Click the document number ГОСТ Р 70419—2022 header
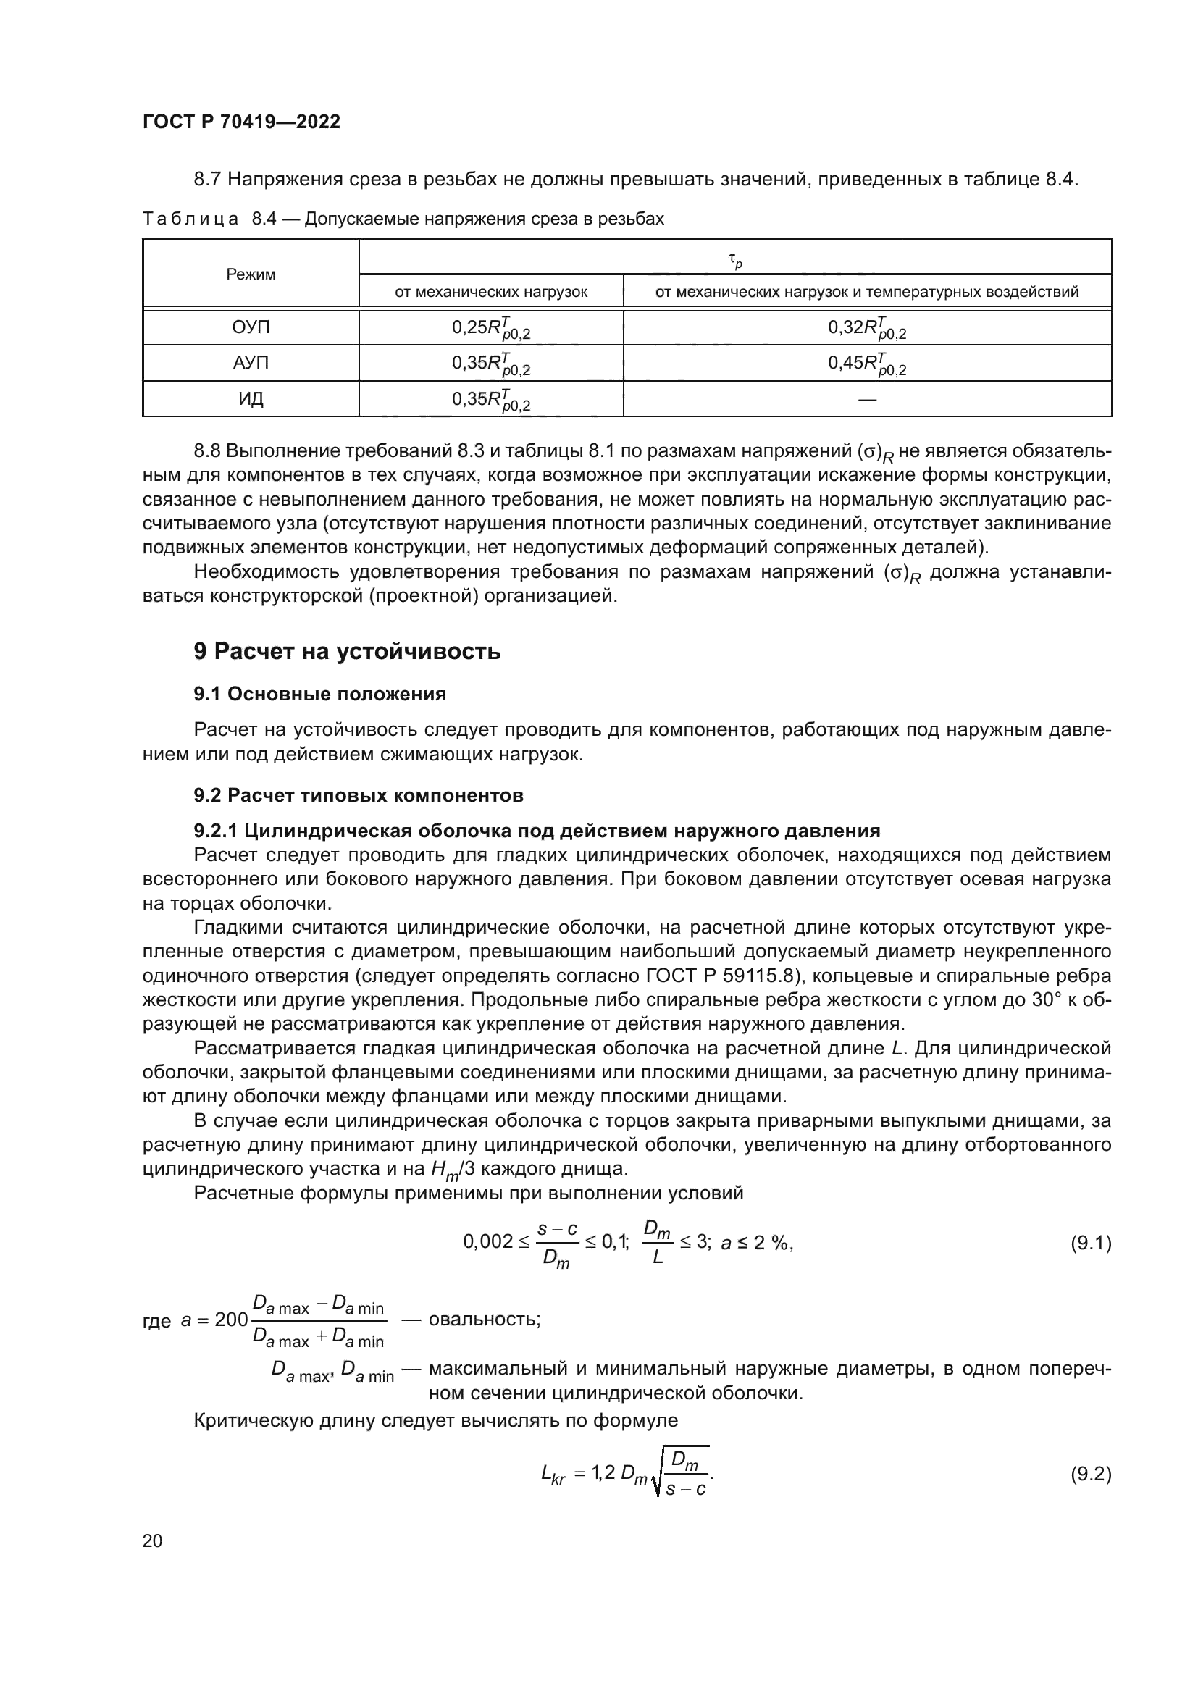pyautogui.click(x=241, y=122)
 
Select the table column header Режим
pyautogui.click(x=251, y=274)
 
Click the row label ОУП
pyautogui.click(x=251, y=327)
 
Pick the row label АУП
pyautogui.click(x=251, y=363)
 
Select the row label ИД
pyautogui.click(x=251, y=399)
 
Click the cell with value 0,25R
pyautogui.click(x=490, y=327)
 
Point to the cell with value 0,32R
pyautogui.click(x=867, y=327)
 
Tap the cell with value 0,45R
pyautogui.click(x=867, y=363)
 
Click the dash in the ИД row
pyautogui.click(x=868, y=399)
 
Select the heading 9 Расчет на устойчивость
pyautogui.click(x=347, y=652)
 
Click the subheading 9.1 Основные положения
pyautogui.click(x=319, y=695)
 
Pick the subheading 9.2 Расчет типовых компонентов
pyautogui.click(x=359, y=795)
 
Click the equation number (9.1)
pyautogui.click(x=1090, y=1244)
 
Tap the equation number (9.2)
pyautogui.click(x=1090, y=1474)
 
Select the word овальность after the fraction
pyautogui.click(x=484, y=1318)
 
